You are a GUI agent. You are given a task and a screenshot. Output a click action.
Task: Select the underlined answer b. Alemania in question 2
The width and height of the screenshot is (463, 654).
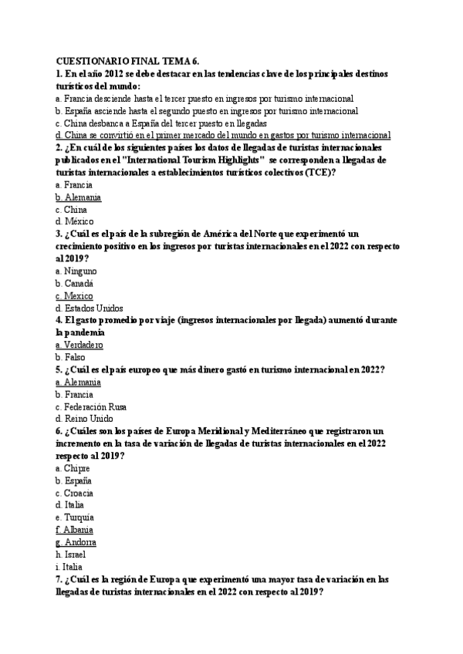79,197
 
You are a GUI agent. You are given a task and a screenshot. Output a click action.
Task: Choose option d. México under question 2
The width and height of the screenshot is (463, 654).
75,221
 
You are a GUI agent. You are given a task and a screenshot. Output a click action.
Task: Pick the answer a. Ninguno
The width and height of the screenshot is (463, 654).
76,271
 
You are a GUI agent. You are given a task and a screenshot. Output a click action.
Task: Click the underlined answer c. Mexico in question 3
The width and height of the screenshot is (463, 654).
75,296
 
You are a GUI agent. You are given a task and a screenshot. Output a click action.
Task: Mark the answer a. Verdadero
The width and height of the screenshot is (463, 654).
79,346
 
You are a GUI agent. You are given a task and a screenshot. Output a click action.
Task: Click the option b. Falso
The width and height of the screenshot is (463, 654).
70,358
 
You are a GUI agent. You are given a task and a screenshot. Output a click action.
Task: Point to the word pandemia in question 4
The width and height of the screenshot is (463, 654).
79,332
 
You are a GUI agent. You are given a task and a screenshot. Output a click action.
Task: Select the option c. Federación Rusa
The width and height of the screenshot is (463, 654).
91,406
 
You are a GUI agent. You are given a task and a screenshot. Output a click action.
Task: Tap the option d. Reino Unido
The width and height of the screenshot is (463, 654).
83,419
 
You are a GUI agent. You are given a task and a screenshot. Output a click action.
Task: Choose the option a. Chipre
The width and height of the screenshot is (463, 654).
73,468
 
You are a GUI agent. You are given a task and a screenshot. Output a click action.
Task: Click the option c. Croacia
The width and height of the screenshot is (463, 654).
75,493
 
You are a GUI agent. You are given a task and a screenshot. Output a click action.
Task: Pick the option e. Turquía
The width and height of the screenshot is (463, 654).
75,517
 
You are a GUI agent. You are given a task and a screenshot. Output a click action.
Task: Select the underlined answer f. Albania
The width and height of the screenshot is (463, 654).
75,530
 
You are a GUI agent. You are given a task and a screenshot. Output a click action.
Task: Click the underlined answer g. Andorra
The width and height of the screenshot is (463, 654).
76,542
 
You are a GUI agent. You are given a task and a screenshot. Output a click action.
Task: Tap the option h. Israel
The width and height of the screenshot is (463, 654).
71,555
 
